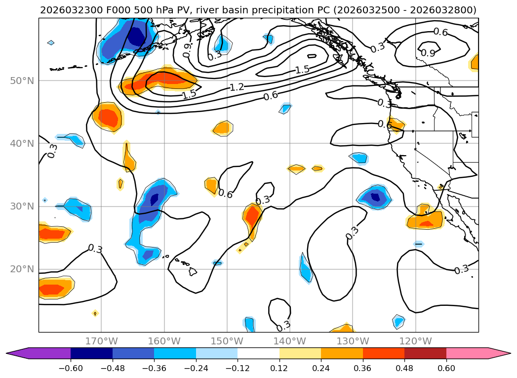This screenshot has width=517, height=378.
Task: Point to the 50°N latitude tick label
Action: pos(22,81)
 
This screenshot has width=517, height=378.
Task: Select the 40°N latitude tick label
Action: pos(22,143)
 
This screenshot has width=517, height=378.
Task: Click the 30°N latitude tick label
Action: pos(22,206)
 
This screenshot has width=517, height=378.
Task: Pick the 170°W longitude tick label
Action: pos(101,341)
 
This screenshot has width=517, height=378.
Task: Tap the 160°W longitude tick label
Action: pos(164,341)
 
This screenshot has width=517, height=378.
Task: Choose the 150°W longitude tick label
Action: pos(227,341)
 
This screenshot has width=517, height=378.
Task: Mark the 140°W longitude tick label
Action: pos(290,341)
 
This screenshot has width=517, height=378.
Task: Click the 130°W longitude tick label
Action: pos(353,341)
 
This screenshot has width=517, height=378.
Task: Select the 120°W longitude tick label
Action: pos(415,341)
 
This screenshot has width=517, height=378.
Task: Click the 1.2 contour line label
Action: pos(237,87)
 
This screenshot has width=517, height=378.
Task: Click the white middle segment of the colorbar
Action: pos(258,353)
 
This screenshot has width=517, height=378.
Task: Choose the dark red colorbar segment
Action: pos(425,353)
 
